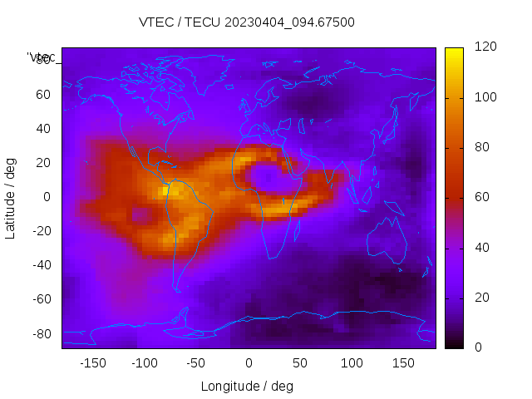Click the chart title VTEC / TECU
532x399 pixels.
click(247, 22)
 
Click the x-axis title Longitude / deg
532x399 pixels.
click(247, 386)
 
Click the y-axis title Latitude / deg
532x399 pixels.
click(11, 197)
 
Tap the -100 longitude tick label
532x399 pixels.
click(144, 363)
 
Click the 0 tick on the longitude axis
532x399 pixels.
click(249, 363)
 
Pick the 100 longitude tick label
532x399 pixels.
click(352, 363)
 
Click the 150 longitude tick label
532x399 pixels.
click(403, 363)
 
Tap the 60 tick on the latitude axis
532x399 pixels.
click(43, 94)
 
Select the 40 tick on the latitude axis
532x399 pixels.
click(43, 128)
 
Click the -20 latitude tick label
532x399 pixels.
click(41, 231)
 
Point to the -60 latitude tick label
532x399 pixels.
click(41, 299)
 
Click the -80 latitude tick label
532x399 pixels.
click(41, 333)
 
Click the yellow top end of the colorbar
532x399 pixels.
click(454, 52)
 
